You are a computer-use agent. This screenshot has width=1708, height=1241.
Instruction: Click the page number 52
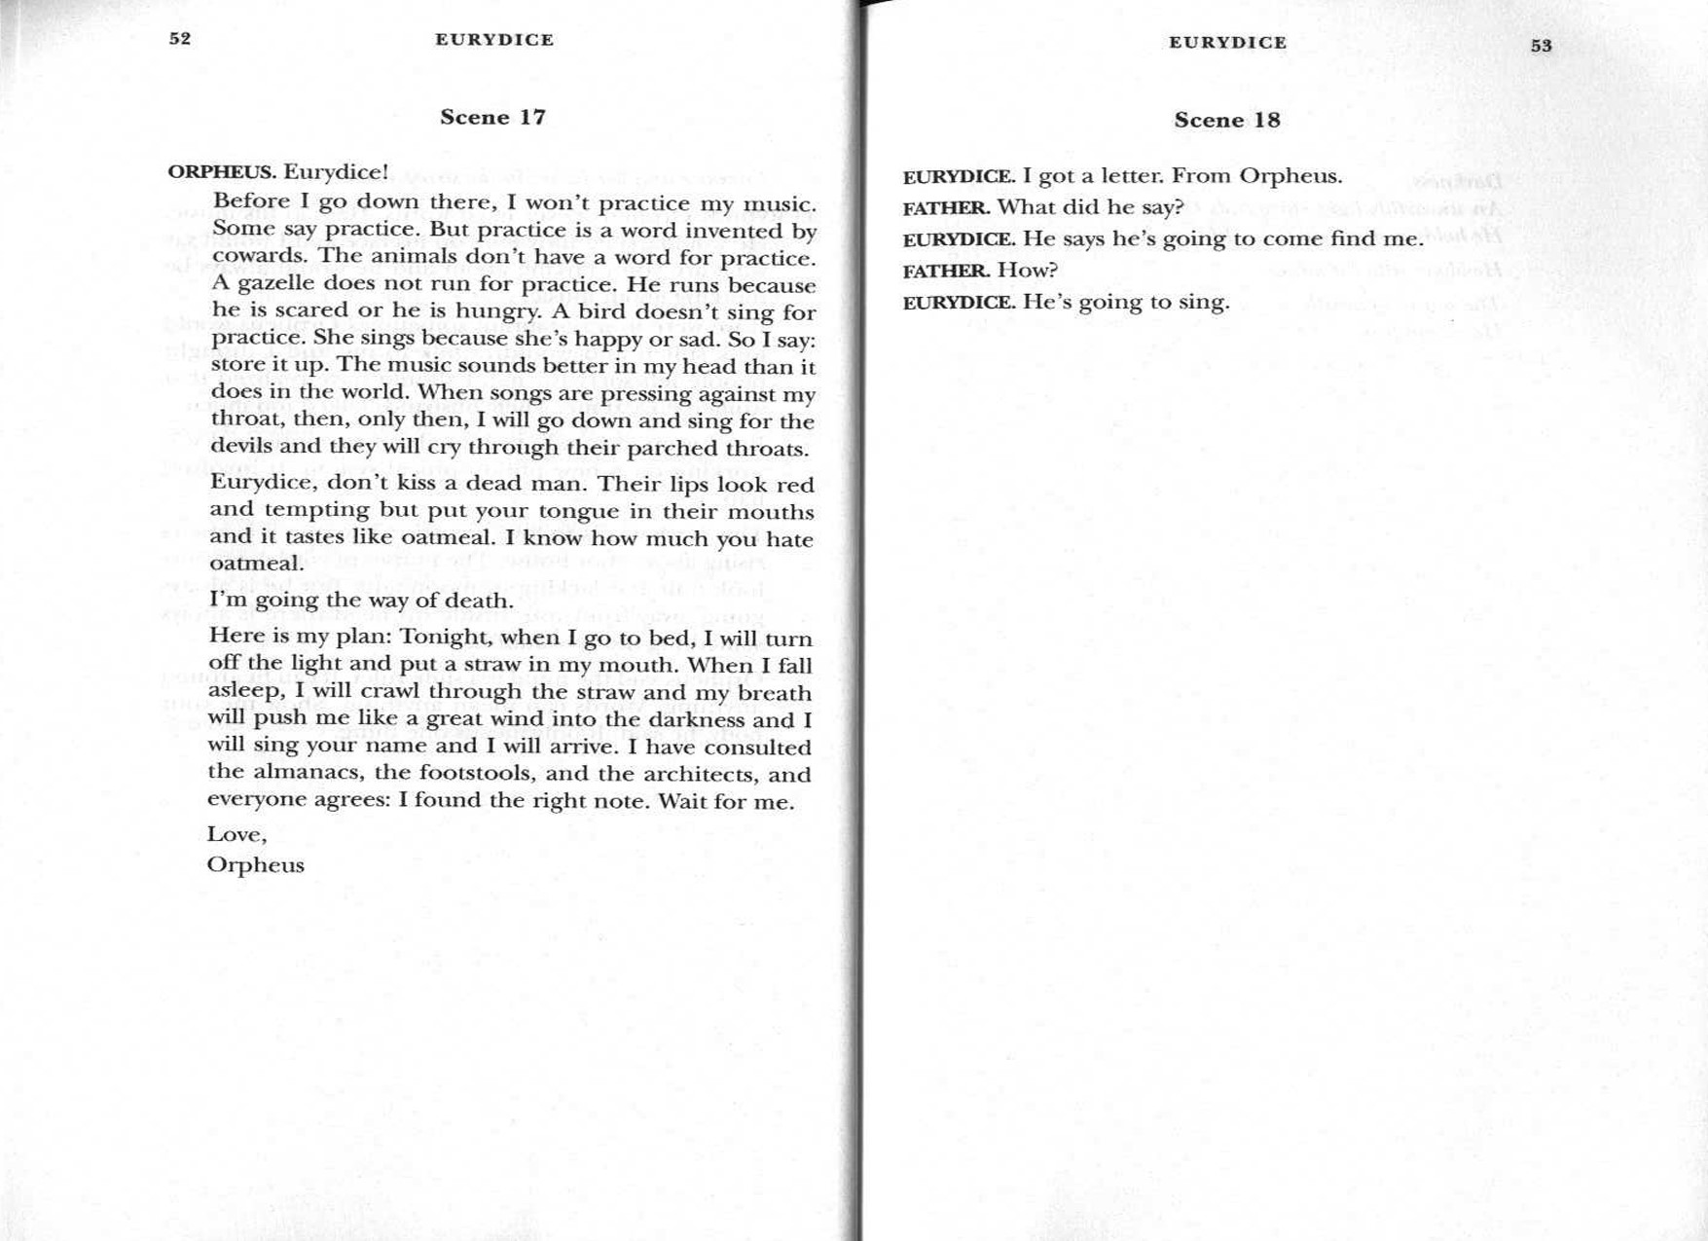coord(180,39)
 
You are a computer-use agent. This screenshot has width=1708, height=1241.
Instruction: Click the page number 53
coord(1541,46)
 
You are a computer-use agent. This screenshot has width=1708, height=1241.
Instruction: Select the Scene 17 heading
coord(492,118)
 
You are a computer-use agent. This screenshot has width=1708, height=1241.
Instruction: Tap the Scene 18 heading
coord(1226,121)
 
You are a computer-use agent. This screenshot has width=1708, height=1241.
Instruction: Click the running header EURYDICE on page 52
coord(494,40)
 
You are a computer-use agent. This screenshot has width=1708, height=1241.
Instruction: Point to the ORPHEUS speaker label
coord(221,172)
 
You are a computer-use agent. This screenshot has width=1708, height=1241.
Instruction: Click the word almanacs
coord(309,774)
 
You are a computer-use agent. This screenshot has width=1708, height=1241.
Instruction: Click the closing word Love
coord(236,835)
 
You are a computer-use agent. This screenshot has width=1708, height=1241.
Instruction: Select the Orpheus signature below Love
coord(255,865)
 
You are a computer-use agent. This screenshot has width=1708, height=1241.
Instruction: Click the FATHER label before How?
coord(945,271)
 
